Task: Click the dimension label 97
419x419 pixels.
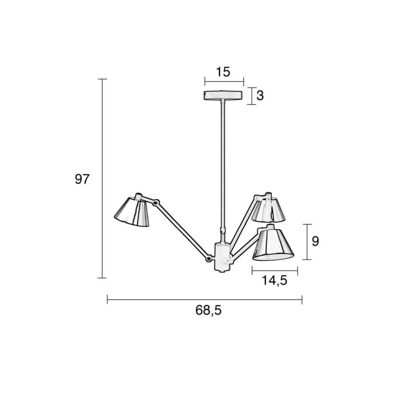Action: (x=82, y=179)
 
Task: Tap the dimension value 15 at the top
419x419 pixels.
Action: (x=223, y=72)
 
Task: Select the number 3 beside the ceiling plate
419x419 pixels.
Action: (x=260, y=95)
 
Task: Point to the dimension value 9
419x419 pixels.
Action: (x=315, y=241)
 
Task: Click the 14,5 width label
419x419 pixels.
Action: (x=275, y=280)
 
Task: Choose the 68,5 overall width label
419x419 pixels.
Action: (x=208, y=310)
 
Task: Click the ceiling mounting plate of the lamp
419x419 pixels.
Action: (x=223, y=95)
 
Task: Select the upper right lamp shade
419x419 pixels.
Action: (x=268, y=210)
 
